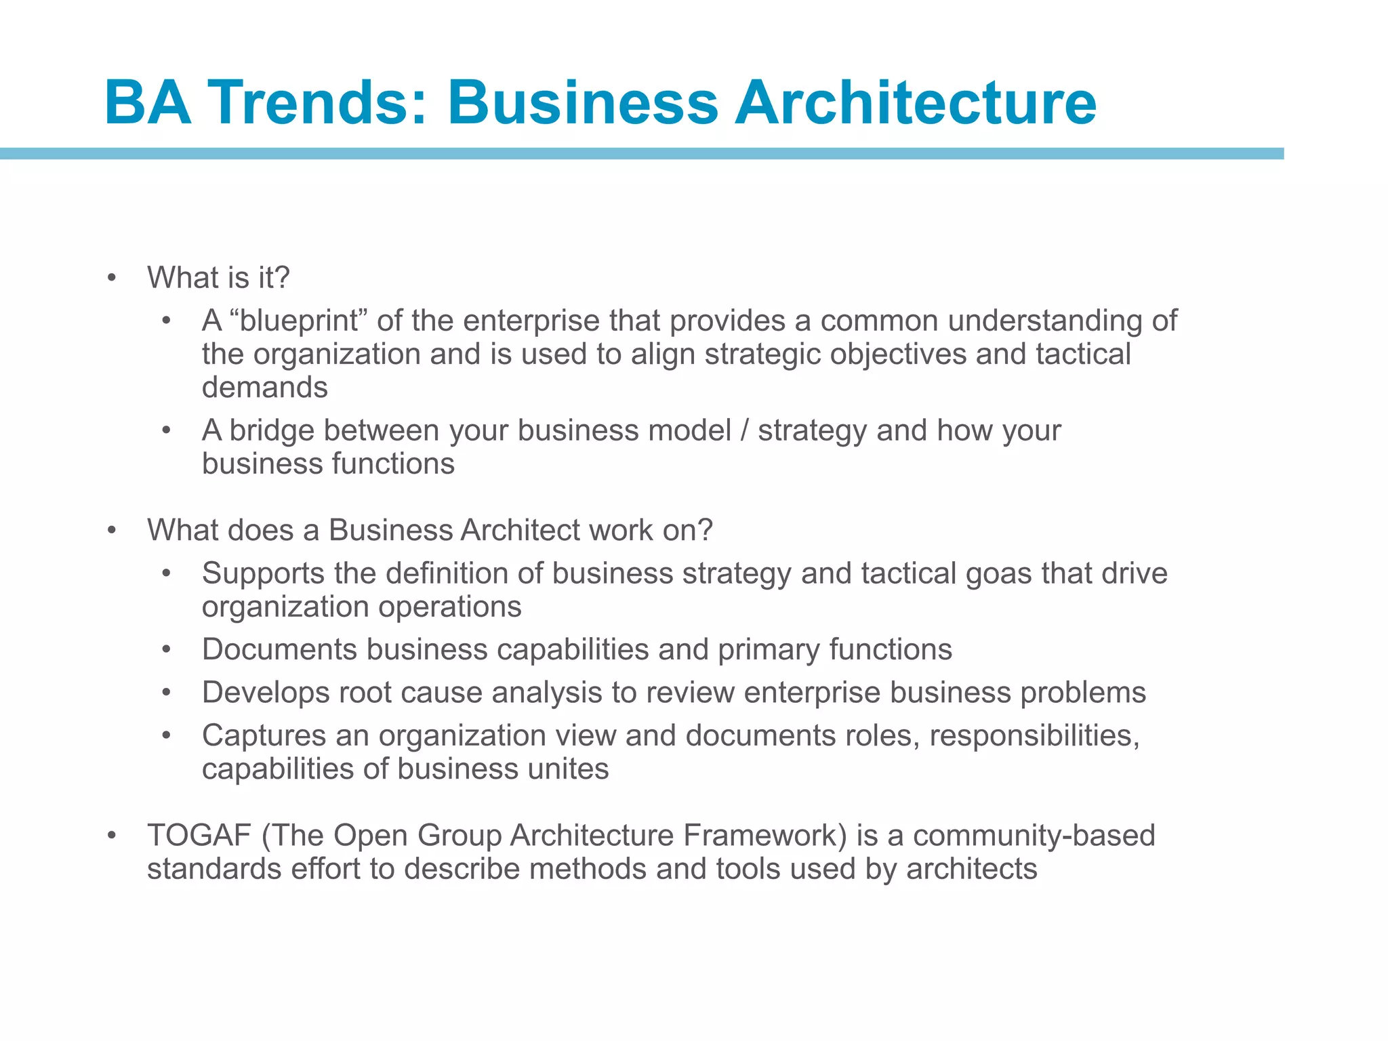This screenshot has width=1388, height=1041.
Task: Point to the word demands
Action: (265, 388)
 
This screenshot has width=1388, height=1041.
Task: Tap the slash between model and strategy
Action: (745, 430)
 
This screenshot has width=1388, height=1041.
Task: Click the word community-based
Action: (1034, 836)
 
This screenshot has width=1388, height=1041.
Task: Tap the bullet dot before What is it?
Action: (112, 278)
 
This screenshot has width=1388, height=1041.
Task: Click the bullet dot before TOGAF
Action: (112, 836)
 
